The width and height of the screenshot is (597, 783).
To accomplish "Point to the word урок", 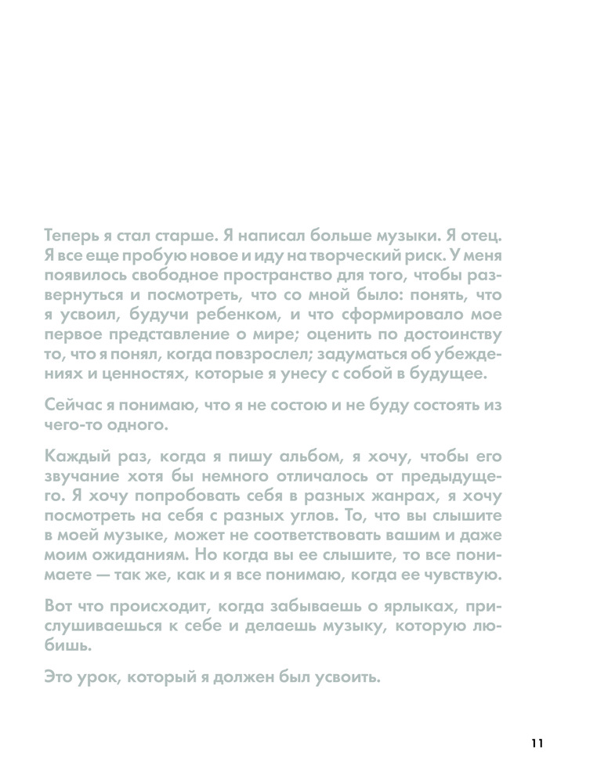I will tap(94, 677).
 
